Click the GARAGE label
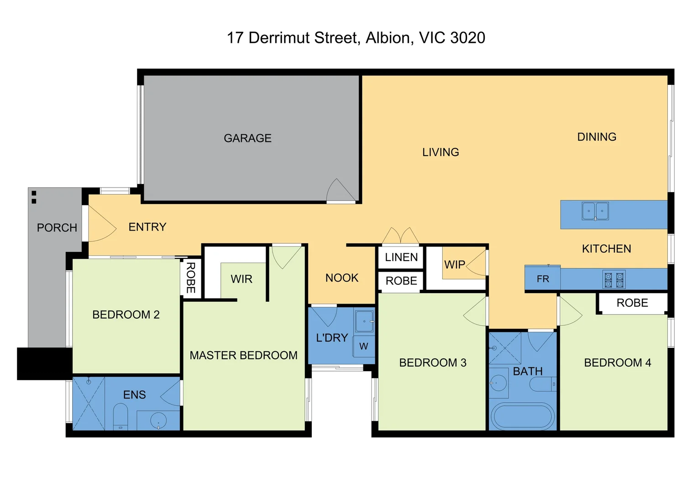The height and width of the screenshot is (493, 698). [247, 138]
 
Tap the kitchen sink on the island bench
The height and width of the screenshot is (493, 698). [595, 211]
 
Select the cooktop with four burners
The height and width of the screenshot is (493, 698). [614, 280]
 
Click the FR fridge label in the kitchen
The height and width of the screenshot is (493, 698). [543, 279]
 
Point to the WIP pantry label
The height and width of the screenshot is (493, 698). [454, 265]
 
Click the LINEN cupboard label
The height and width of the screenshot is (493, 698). [401, 257]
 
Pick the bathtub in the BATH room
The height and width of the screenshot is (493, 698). [522, 416]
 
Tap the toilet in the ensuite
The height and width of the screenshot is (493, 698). [121, 416]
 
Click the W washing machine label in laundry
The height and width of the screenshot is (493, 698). [363, 346]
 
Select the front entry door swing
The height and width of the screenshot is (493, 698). [101, 224]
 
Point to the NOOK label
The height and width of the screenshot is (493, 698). [342, 278]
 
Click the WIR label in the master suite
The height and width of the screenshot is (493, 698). [241, 279]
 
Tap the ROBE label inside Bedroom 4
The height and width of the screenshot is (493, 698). [632, 303]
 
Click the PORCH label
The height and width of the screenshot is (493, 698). [57, 228]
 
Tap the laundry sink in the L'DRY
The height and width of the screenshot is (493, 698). [364, 321]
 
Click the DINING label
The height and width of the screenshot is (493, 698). [597, 137]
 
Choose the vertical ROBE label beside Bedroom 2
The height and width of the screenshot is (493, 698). [191, 278]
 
